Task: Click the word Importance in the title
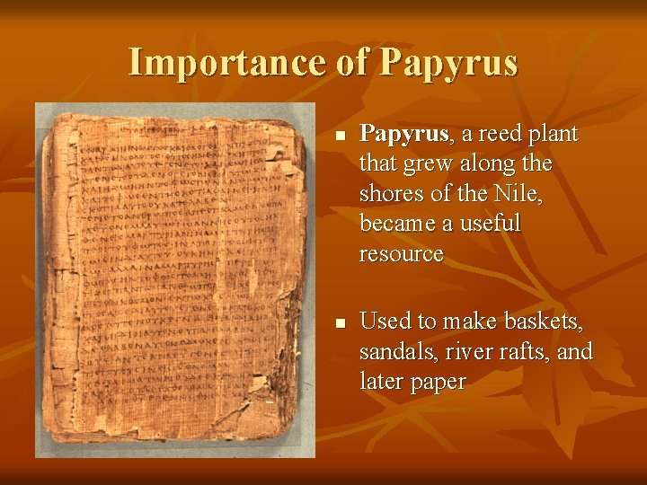(226, 63)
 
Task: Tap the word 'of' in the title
(351, 63)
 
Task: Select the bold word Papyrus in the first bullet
(403, 135)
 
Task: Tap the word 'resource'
(402, 254)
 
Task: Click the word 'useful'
(491, 224)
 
